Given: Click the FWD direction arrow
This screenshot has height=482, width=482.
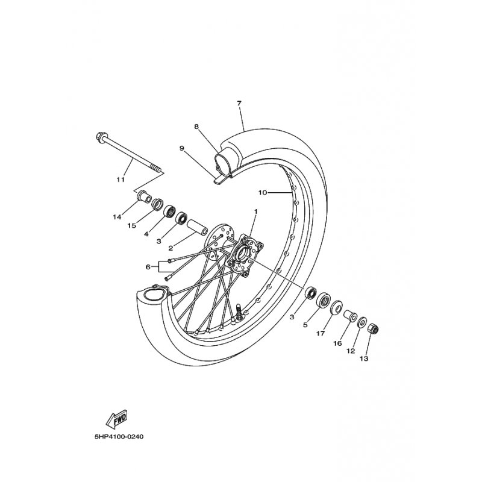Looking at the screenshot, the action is point(116,419).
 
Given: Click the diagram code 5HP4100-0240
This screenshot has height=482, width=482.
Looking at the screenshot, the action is point(119,436).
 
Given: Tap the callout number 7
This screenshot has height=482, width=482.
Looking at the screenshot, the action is point(239,103).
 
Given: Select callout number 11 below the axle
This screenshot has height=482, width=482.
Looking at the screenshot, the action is point(120,179).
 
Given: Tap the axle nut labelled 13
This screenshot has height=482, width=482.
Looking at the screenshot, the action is point(373,329).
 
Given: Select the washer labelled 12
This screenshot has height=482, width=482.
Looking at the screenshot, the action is point(361,323).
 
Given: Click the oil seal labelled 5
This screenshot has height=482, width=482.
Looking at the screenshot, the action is point(324,299).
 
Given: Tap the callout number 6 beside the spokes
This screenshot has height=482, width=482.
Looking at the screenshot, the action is point(148,267).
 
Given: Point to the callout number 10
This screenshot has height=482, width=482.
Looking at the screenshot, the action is point(263,193).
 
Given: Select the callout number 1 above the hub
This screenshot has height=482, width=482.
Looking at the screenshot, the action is point(255,211).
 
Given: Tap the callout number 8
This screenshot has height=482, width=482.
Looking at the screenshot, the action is point(196,127).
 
